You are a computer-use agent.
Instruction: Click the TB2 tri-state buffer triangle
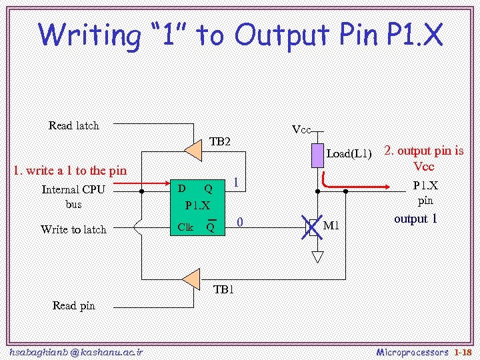(193, 151)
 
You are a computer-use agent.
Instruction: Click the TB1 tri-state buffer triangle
(191, 279)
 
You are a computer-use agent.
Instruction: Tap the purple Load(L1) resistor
(317, 155)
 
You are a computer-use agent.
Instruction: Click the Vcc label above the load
(301, 129)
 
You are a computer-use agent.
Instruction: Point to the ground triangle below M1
(317, 256)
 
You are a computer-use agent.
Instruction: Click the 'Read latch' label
(73, 125)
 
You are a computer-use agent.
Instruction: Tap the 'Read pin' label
(73, 305)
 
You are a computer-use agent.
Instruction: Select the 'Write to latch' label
(73, 229)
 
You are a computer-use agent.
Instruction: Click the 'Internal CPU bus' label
(73, 197)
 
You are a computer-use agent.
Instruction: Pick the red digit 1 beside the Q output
(236, 183)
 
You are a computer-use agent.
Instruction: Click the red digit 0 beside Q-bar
(240, 222)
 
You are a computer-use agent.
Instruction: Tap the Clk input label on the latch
(185, 227)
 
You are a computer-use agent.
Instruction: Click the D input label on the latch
(181, 188)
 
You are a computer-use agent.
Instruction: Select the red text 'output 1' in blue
(415, 219)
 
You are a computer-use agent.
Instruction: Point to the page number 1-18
(462, 351)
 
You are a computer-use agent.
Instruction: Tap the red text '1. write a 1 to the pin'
(70, 171)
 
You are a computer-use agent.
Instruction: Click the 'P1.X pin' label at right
(425, 193)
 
